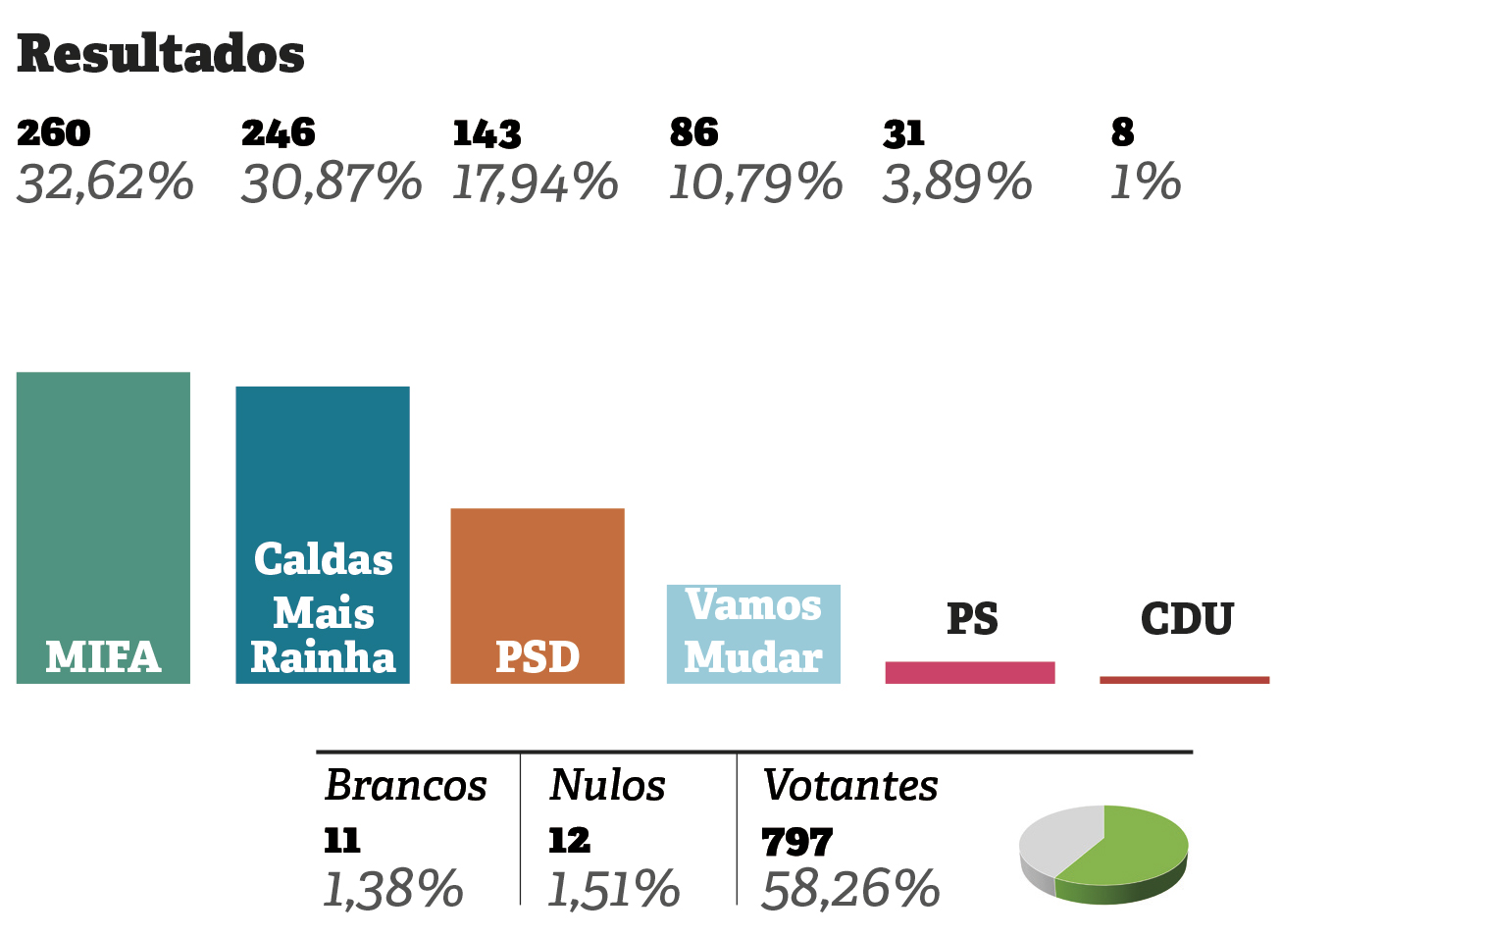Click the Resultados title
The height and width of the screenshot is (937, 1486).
161,54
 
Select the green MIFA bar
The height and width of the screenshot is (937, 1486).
103,510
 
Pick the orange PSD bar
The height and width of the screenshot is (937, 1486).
537,579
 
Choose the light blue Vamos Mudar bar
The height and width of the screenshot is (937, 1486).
752,633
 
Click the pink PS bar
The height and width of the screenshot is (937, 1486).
969,672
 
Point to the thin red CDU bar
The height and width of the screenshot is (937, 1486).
1184,680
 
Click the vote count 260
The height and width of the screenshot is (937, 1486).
54,132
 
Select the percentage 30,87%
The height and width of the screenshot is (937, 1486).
332,183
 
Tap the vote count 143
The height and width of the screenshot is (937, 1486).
487,133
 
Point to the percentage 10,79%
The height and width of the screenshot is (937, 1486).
755,183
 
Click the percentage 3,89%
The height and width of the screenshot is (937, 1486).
957,183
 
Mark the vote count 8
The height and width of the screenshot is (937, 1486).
1122,132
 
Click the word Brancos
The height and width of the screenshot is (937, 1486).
405,785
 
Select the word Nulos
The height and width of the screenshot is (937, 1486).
607,785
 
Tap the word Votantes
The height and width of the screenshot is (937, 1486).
849,785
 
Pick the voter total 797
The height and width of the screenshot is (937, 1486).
796,842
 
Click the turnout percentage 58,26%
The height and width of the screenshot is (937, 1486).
849,890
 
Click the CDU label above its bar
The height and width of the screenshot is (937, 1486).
1187,619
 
